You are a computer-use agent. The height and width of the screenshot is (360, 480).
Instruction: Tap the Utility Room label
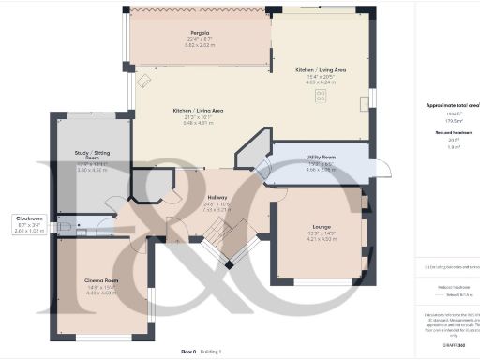pos(322,157)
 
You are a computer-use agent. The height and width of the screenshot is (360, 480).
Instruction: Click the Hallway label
pos(217,198)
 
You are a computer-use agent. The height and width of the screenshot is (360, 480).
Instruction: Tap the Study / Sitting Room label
pos(93,155)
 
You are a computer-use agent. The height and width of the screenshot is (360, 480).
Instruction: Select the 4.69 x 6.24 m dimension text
pos(322,82)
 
